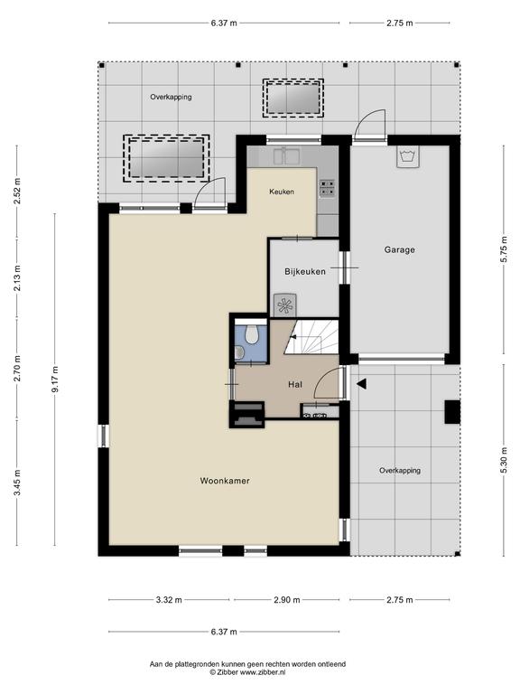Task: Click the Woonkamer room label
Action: point(225,481)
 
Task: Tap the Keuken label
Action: point(282,192)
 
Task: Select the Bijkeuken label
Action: point(305,271)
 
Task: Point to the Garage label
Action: point(399,249)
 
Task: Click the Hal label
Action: point(295,385)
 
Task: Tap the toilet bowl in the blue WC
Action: point(252,334)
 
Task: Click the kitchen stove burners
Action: point(327,188)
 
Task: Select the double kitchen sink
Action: point(286,155)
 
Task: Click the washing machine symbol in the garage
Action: point(408,156)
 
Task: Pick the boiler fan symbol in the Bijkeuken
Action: point(283,305)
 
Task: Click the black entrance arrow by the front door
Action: point(361,384)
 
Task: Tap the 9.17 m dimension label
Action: point(55,380)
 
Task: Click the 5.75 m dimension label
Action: point(503,249)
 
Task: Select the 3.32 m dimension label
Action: point(169,600)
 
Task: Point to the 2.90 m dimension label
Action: point(286,600)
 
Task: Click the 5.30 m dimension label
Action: point(503,460)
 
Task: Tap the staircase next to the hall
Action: point(311,336)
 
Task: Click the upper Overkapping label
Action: point(171,97)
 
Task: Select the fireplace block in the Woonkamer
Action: point(246,414)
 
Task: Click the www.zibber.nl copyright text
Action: point(247,672)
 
